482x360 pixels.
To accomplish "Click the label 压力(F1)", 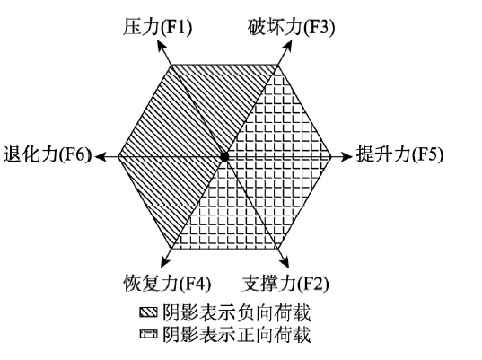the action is point(157,27).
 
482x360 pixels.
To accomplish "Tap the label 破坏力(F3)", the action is point(291,27).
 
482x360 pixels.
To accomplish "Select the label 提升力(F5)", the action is point(399,154).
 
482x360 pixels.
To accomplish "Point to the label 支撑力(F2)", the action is point(285,283).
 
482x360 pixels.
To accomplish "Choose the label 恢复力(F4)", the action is point(167,283).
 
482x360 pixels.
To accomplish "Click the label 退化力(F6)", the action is point(48,154).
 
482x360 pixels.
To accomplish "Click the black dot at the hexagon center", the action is point(224,156).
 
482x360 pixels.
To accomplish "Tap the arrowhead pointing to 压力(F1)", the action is point(162,48).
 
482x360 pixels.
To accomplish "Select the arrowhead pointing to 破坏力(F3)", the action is point(287,48).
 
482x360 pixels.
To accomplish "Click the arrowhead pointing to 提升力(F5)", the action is point(346,156).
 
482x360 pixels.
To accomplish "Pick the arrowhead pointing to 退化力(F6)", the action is point(101,156).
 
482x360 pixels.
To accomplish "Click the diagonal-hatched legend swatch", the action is point(149,312).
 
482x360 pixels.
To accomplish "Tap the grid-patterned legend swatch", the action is point(149,333).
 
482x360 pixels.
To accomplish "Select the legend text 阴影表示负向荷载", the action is point(236,312).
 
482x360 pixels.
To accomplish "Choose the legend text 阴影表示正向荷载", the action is point(236,334).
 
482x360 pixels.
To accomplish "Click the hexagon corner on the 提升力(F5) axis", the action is point(331,156).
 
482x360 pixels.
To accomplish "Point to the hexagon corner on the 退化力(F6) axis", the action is point(118,156).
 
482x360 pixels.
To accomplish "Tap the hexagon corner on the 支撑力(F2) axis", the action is point(278,248).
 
